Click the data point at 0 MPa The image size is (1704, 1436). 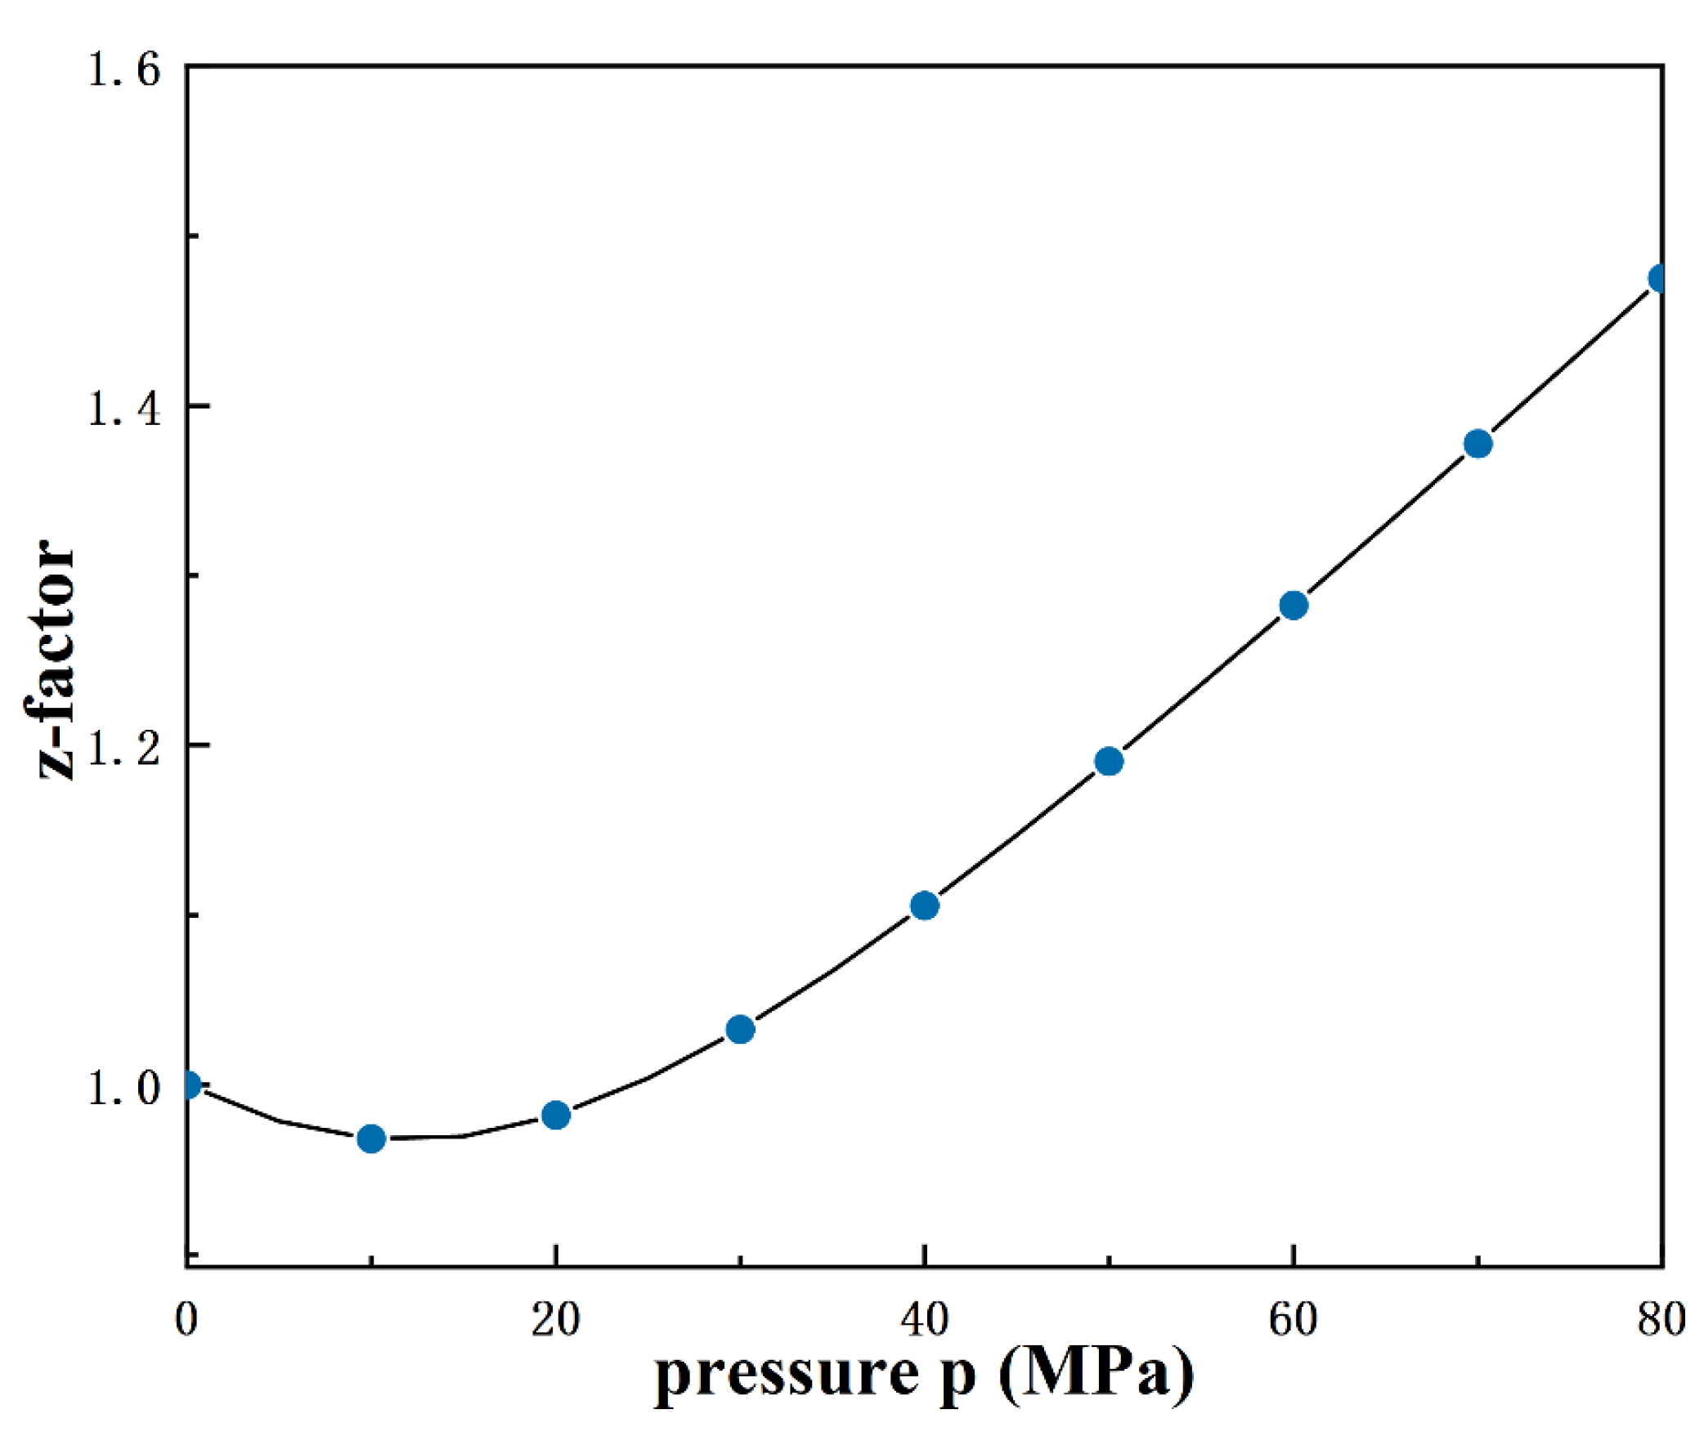[x=189, y=1085]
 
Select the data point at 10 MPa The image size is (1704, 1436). [x=371, y=1139]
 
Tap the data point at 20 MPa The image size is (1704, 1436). [x=556, y=1115]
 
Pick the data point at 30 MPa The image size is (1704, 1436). [x=740, y=1030]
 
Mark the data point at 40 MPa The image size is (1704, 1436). [x=924, y=906]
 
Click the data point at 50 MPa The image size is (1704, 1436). [x=1109, y=761]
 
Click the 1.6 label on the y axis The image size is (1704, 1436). [x=124, y=69]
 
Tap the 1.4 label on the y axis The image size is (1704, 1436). [x=124, y=408]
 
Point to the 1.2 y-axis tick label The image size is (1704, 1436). [x=124, y=749]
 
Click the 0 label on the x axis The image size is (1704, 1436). [x=186, y=1320]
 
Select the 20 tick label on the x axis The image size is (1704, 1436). [x=555, y=1320]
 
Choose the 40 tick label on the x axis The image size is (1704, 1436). [x=924, y=1320]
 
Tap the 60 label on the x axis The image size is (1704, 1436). [x=1293, y=1320]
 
